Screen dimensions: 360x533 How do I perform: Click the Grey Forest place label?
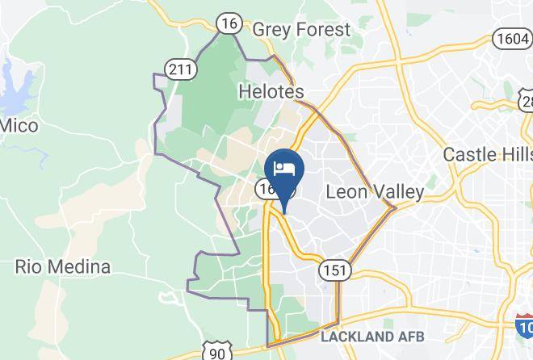tap(301, 30)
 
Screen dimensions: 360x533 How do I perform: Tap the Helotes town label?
tap(271, 92)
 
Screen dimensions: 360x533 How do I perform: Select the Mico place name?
tap(19, 125)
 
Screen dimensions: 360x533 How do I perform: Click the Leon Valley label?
tap(374, 192)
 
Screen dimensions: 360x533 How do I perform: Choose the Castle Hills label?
tap(488, 153)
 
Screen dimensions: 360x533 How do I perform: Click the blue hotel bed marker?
tap(283, 170)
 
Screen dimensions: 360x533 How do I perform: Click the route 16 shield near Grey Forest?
tap(230, 24)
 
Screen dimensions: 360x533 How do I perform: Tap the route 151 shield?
tap(332, 270)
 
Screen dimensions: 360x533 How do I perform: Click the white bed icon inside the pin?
tap(283, 168)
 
